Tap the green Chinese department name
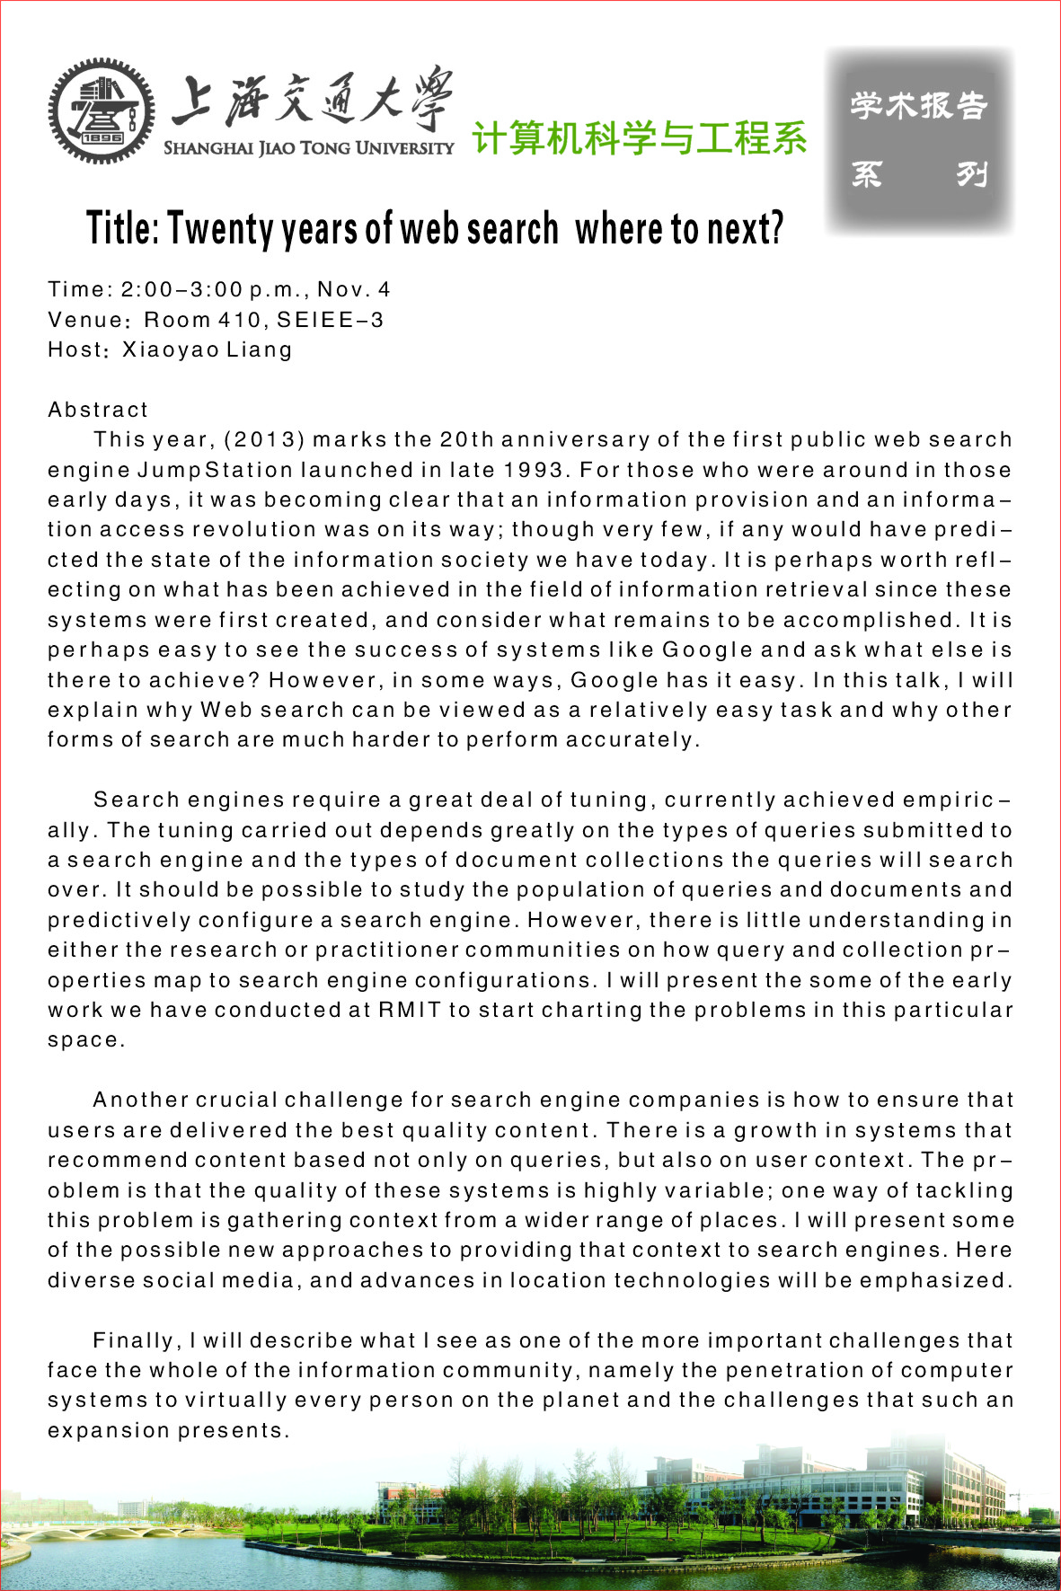pyautogui.click(x=639, y=138)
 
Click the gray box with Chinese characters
pyautogui.click(x=919, y=140)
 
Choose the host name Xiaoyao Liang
pyautogui.click(x=208, y=349)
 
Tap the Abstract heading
pyautogui.click(x=98, y=410)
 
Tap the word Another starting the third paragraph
pyautogui.click(x=140, y=1100)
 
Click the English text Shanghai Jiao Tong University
pyautogui.click(x=308, y=148)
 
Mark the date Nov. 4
pyautogui.click(x=354, y=289)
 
